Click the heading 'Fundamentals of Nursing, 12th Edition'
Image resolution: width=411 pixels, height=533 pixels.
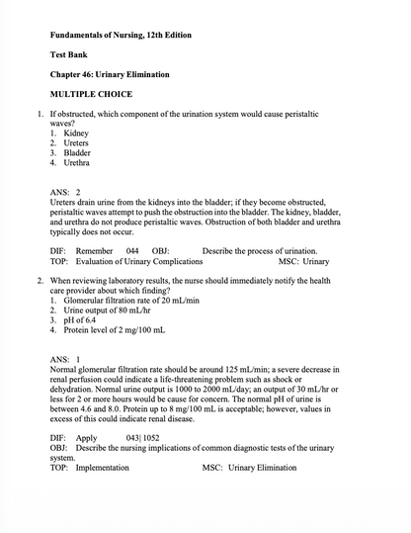pyautogui.click(x=121, y=36)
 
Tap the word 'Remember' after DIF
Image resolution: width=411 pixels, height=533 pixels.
pyautogui.click(x=94, y=251)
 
